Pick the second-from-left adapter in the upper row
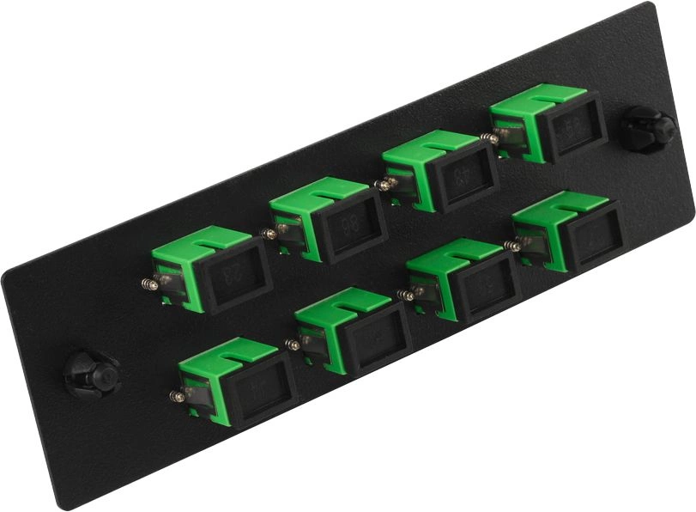(327, 220)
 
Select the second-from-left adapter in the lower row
(353, 332)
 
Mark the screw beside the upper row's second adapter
(269, 233)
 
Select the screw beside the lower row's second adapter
(293, 344)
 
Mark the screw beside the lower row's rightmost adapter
(513, 246)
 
